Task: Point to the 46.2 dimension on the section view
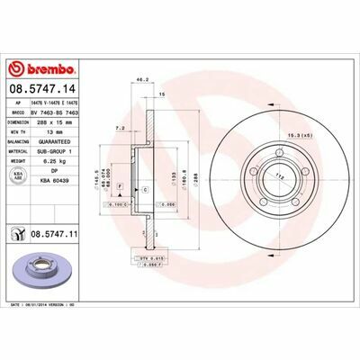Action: tap(140, 80)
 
